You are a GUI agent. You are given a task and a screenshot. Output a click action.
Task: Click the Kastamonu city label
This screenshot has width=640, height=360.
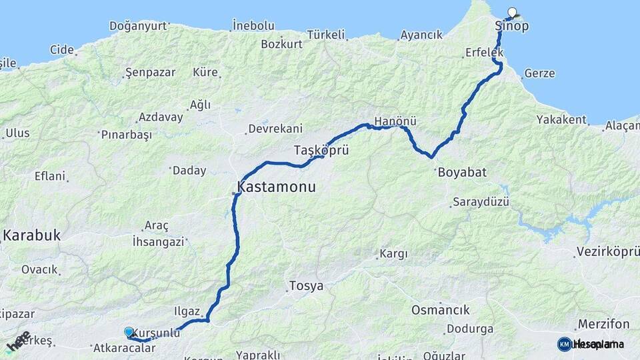(x=276, y=188)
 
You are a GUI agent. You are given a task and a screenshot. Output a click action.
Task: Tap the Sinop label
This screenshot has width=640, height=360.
(x=512, y=26)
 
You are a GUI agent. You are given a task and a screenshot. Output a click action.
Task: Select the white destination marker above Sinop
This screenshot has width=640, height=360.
(x=512, y=12)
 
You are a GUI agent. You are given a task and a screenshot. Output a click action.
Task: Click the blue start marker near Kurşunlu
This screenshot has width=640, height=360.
(x=129, y=331)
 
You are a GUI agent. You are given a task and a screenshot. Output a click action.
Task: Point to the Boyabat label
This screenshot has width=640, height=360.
(x=462, y=172)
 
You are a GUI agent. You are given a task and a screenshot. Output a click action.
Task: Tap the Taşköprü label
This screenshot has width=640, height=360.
(x=321, y=150)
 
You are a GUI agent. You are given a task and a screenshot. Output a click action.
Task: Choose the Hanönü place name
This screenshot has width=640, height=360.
(x=395, y=121)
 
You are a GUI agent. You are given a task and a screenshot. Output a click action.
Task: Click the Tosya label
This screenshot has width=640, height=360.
(x=306, y=286)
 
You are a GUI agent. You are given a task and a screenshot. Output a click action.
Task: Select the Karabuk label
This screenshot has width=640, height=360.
(x=31, y=235)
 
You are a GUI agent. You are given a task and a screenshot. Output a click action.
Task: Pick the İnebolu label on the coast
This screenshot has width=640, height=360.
(x=253, y=25)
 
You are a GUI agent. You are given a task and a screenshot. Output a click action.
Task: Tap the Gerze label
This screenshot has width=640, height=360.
(x=539, y=73)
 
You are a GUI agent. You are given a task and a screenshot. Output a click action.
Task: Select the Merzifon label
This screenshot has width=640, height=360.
(x=603, y=324)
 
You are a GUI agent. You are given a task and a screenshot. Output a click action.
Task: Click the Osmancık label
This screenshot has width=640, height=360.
(x=440, y=310)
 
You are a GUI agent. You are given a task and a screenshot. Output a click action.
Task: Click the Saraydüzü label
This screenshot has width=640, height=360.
(x=481, y=201)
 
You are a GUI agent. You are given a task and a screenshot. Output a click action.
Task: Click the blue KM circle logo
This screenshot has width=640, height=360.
(x=564, y=344)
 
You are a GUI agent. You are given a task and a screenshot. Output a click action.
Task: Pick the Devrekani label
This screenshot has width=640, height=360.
(x=275, y=129)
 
